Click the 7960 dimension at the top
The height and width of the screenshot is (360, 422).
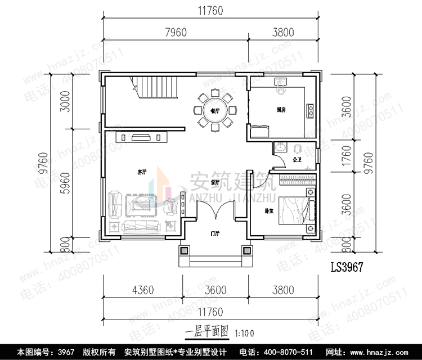tap(176, 33)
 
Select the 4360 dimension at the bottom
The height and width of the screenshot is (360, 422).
tap(142, 291)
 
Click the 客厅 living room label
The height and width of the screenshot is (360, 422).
tap(142, 170)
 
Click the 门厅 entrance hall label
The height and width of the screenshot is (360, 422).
tap(214, 233)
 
